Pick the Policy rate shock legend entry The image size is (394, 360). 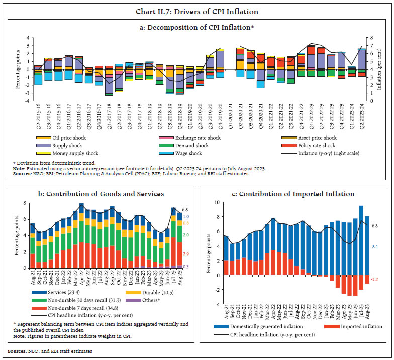320,145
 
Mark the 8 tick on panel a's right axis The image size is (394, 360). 370,37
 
